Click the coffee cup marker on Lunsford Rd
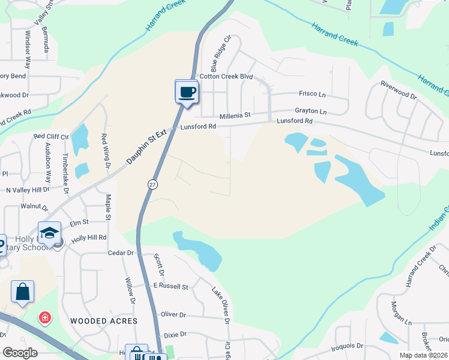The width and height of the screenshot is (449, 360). [x=187, y=92]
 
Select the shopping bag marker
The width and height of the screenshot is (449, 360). [x=23, y=292]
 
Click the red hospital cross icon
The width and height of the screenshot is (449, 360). [x=44, y=317]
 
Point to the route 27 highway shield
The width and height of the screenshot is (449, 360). [x=152, y=185]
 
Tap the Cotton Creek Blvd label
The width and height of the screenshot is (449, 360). [x=226, y=76]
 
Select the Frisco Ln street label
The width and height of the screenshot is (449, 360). [x=312, y=94]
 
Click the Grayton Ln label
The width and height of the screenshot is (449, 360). [x=310, y=111]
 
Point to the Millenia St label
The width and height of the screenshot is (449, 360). [x=235, y=115]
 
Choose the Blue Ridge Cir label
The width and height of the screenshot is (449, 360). [x=220, y=53]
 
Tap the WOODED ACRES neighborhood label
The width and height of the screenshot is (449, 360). [x=104, y=321]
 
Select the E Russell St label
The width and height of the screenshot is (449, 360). [x=170, y=286]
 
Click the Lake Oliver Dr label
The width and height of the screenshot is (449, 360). [x=220, y=304]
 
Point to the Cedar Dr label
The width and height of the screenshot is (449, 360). [x=121, y=253]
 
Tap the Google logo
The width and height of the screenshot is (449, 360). [x=20, y=353]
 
